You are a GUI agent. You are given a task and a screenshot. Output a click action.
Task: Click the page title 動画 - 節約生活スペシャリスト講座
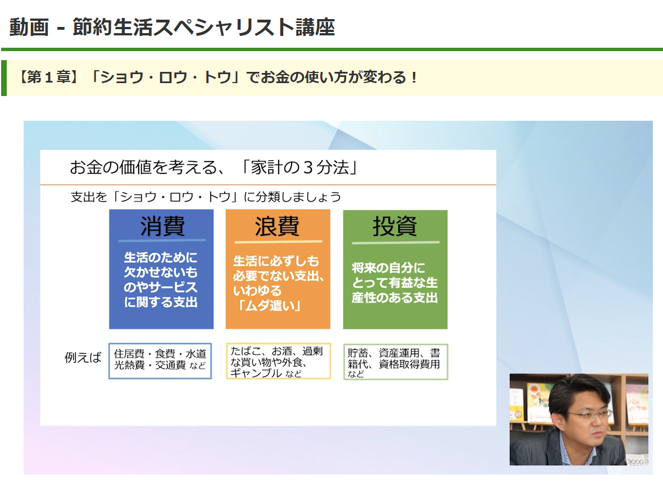point(172,27)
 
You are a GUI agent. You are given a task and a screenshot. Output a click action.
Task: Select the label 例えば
point(83,358)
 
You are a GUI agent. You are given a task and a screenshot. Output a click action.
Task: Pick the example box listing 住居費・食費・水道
point(160,361)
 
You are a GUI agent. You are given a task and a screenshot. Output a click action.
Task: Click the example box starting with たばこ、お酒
point(278,361)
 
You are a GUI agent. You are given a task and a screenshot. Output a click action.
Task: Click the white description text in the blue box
point(161,280)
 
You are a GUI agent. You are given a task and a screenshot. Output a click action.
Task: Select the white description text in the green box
point(394,282)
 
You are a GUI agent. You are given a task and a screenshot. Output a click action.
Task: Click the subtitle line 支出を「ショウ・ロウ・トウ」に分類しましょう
point(206,197)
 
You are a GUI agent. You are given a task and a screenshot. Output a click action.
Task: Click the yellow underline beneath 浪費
point(278,242)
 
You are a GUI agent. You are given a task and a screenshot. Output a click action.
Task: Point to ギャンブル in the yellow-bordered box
point(256,372)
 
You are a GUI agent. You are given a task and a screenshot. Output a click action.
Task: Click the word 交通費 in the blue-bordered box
point(169,366)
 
